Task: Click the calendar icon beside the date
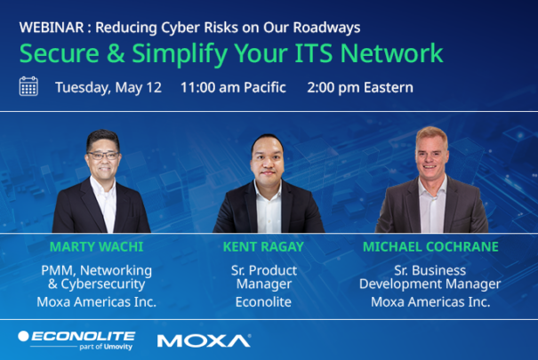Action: (x=28, y=86)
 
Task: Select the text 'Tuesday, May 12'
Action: (x=108, y=87)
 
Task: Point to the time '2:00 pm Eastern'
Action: (x=360, y=87)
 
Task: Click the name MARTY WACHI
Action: (x=96, y=245)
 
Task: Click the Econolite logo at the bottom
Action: (x=76, y=335)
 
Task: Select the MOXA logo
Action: (x=204, y=340)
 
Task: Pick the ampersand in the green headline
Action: (x=116, y=53)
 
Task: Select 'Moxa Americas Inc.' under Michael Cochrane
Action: (x=430, y=301)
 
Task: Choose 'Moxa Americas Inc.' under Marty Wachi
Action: (x=96, y=301)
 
